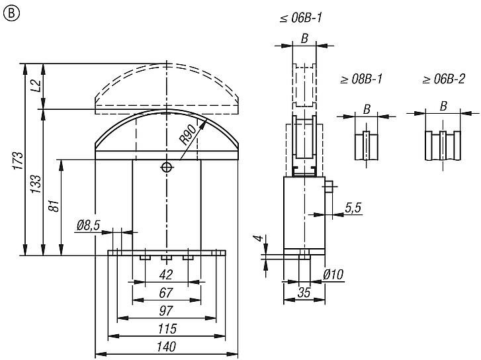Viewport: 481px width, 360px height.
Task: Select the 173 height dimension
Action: (19, 161)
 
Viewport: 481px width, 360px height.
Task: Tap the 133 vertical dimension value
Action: (36, 183)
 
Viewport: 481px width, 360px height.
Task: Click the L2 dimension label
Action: (36, 85)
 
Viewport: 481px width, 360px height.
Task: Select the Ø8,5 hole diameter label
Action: (89, 226)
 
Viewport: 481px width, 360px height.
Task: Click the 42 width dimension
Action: (166, 274)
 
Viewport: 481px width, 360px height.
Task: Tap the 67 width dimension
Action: (166, 292)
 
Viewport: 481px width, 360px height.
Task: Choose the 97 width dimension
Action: (166, 310)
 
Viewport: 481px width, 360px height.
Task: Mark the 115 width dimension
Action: (166, 328)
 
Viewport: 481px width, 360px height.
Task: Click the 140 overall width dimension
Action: (166, 346)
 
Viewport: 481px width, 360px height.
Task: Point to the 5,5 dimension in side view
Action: (353, 208)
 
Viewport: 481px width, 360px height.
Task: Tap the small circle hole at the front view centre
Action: (167, 167)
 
